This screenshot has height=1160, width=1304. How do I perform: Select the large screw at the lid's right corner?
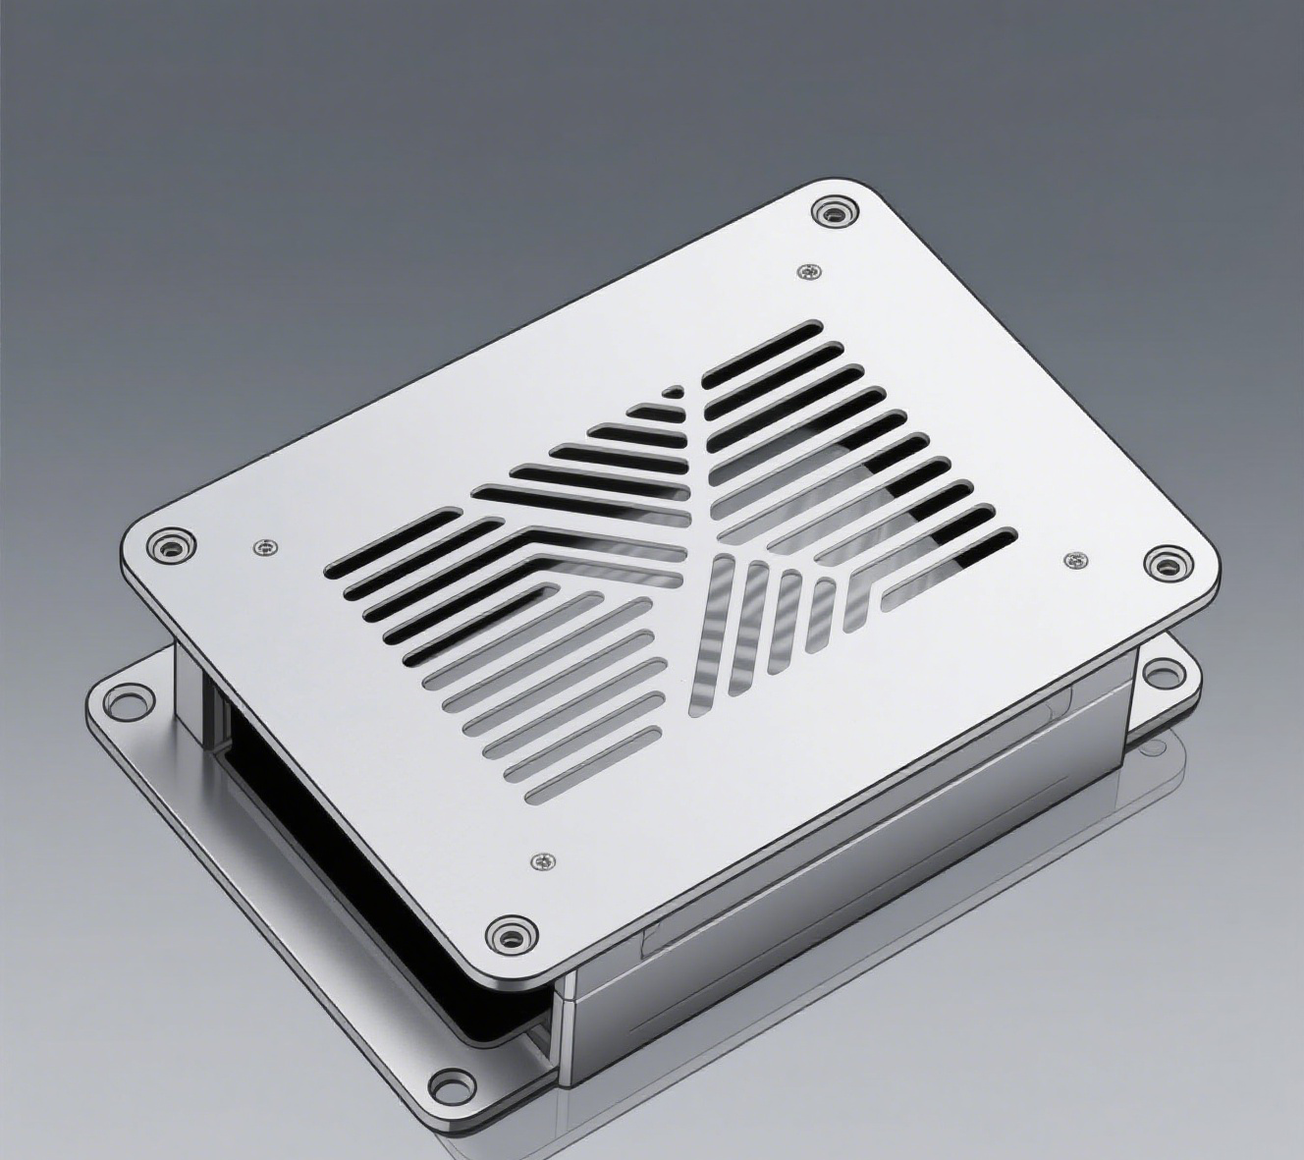1166,564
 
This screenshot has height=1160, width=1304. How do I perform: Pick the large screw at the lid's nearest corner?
511,934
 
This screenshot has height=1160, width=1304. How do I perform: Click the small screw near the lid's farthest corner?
808,270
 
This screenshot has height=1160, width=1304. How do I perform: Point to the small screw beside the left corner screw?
263,547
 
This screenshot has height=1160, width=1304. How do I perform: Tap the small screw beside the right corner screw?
1076,560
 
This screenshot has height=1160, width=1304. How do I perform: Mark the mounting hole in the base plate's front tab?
452,1084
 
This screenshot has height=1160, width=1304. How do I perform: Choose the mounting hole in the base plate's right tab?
1164,674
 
